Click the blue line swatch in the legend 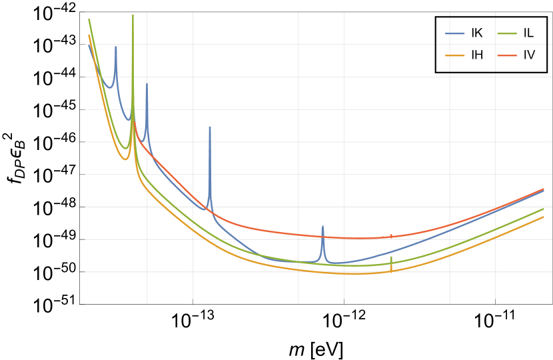coord(455,33)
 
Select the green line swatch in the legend coord(506,33)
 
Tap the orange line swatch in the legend coord(455,55)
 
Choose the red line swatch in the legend coord(506,55)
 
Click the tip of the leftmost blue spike coord(116,46)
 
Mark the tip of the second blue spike coord(147,83)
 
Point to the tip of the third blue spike coord(210,126)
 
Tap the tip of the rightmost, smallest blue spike coord(322,225)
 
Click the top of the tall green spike coord(133,14)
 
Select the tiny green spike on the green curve coord(391,257)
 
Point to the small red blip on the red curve coord(391,235)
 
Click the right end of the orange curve coord(544,217)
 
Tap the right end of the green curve coord(544,209)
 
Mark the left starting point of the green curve coord(89,19)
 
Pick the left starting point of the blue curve coord(87,45)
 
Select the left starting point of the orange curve coord(89,35)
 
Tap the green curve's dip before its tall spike coord(125,148)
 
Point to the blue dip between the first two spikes coord(129,121)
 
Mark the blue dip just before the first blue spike coord(110,87)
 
